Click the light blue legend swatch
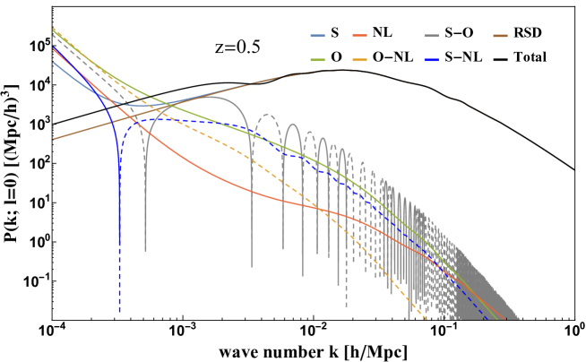(317, 36)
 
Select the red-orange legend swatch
(359, 36)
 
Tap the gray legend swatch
(432, 36)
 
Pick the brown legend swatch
(500, 36)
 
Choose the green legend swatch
(317, 60)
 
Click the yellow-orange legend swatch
(359, 60)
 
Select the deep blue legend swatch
(432, 60)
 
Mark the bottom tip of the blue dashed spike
(119, 312)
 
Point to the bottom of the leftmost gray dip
(145, 250)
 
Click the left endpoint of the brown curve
(54, 139)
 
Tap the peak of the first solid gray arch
(220, 98)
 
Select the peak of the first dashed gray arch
(266, 115)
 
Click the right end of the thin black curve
(573, 169)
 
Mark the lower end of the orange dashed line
(425, 319)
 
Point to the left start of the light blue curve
(54, 62)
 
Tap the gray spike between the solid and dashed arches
(252, 266)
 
